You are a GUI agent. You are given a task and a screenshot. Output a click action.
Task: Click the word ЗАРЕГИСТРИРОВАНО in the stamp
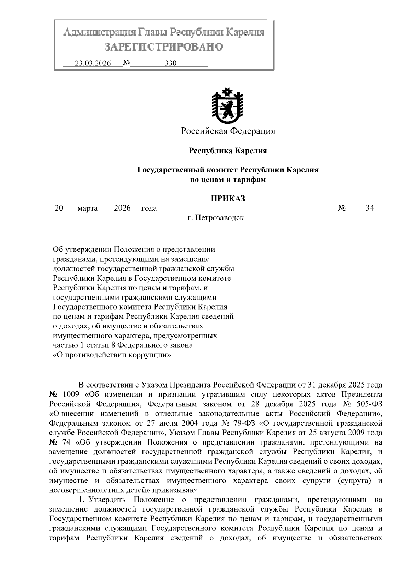[164, 46]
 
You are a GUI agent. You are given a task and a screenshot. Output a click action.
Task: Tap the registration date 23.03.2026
[93, 64]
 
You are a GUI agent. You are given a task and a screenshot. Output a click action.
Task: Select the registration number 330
[170, 64]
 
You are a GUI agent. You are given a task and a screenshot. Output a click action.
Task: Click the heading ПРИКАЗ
[228, 198]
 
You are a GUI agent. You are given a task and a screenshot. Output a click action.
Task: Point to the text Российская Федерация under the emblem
[228, 131]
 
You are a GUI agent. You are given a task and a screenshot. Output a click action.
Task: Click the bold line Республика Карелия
[228, 150]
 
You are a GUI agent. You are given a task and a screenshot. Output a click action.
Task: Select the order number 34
[369, 208]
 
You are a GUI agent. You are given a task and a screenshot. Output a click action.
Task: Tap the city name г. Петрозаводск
[216, 217]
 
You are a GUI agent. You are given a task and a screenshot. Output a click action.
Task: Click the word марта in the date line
[88, 208]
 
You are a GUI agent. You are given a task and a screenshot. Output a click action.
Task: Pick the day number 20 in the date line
[59, 208]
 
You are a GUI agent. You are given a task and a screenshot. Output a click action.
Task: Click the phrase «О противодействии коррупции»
[112, 355]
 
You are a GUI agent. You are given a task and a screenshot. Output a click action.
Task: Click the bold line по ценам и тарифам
[228, 179]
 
